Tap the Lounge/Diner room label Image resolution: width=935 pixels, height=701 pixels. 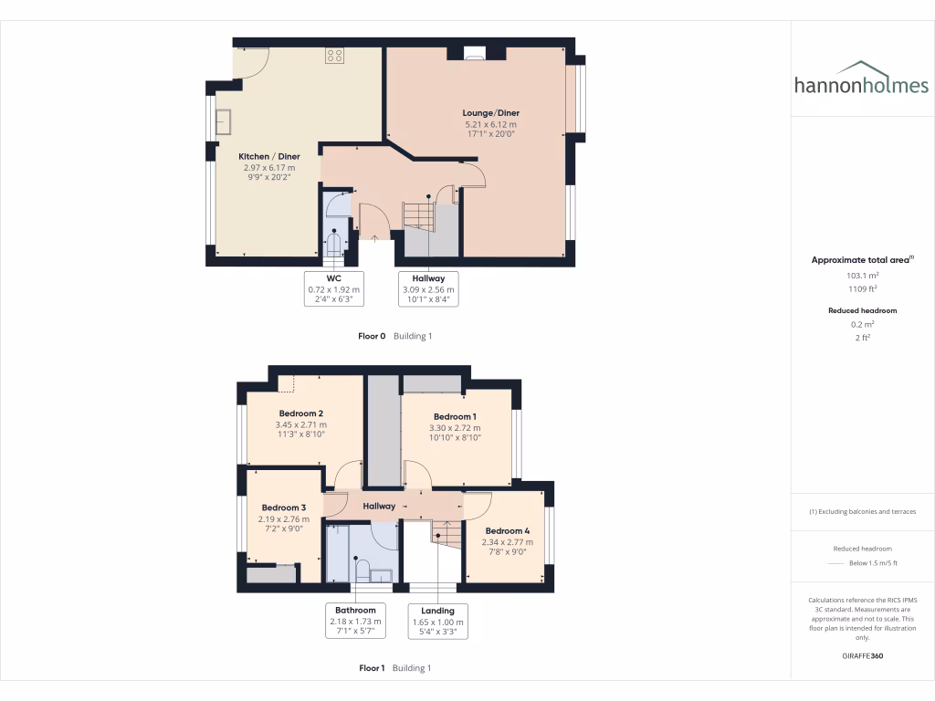pos(490,113)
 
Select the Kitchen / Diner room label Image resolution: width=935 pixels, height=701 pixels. pos(269,156)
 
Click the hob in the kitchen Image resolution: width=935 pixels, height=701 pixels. pos(334,56)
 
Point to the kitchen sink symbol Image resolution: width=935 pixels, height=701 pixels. pos(223,120)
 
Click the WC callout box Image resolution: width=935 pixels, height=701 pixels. pos(334,288)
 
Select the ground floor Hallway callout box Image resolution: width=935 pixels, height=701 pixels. pos(428,288)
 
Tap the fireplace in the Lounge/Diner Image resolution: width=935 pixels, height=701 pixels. pos(475,54)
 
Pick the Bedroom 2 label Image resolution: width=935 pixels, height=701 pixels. pos(300,413)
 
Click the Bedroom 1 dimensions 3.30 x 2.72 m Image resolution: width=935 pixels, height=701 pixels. pos(455,427)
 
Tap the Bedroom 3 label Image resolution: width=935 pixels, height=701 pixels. pos(283,507)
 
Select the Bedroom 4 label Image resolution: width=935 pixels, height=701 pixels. pos(507,531)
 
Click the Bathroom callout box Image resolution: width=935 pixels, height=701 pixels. pos(355,621)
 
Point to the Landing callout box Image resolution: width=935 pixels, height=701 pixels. pos(437,621)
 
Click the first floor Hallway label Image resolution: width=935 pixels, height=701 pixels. pos(379,506)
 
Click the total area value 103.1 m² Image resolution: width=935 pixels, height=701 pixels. pos(862,275)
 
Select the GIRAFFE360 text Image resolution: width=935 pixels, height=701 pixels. pos(862,655)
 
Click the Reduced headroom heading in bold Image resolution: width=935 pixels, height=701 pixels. pos(862,310)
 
